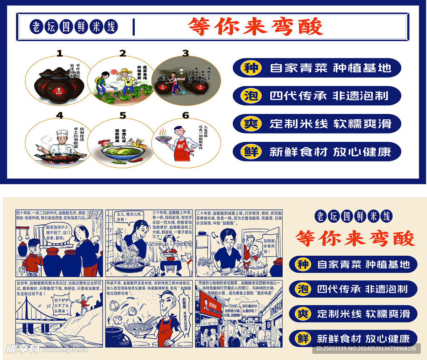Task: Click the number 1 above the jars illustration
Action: point(60,53)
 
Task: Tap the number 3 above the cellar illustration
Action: point(186,53)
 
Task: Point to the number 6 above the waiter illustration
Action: point(186,116)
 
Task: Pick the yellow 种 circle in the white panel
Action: point(251,68)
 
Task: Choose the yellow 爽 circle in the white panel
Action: point(251,123)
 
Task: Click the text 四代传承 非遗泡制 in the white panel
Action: point(329,96)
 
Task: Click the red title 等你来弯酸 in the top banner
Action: point(255,27)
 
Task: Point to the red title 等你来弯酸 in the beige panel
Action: point(355,239)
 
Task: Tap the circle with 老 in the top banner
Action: point(37,27)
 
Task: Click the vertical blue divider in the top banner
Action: point(134,27)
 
